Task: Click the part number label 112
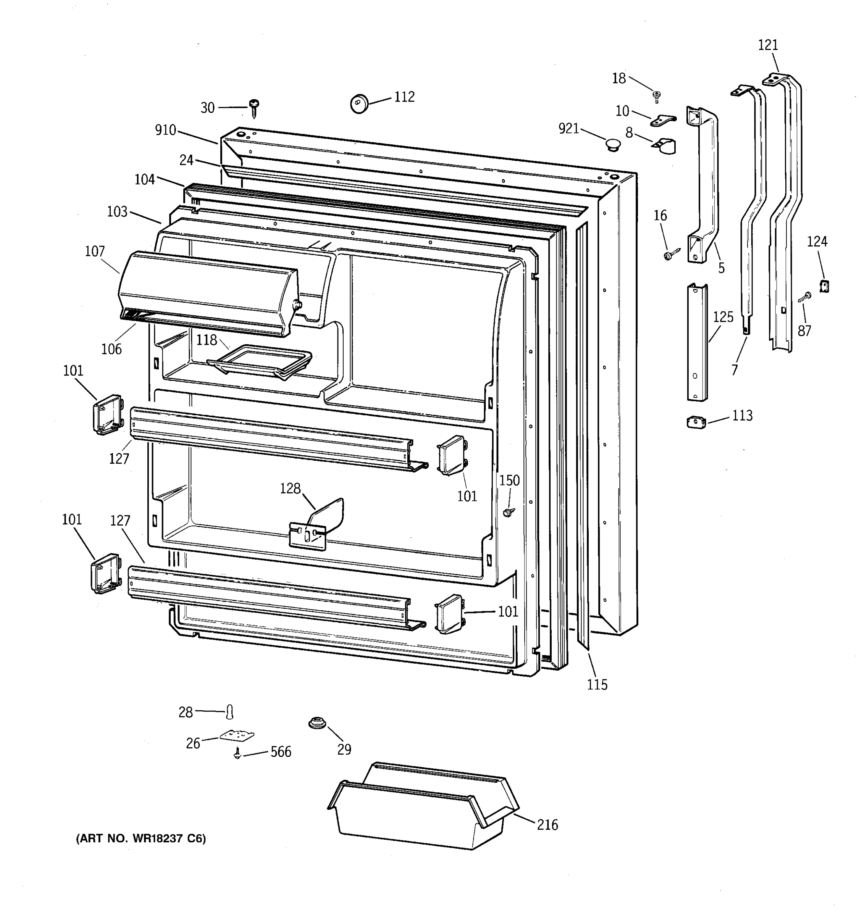point(404,97)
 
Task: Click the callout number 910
point(165,131)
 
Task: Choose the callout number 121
point(768,45)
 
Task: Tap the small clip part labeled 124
point(824,286)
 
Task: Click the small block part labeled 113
point(696,422)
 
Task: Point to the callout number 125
point(723,317)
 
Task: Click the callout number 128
point(290,489)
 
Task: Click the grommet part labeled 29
point(317,722)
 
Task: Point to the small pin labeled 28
point(230,712)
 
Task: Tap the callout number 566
point(281,752)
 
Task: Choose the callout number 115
point(597,685)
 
